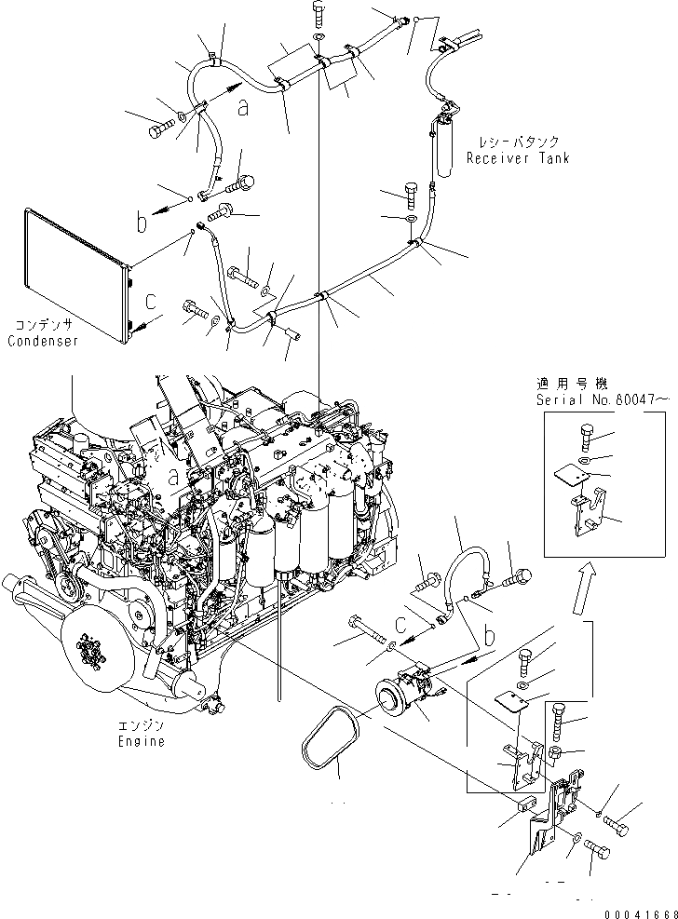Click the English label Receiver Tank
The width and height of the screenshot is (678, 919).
(x=517, y=158)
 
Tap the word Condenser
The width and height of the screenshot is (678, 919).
(x=42, y=342)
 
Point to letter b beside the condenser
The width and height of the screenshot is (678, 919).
(x=142, y=223)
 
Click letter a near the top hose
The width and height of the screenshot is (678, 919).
(x=243, y=108)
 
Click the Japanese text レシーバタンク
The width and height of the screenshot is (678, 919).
(x=519, y=142)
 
